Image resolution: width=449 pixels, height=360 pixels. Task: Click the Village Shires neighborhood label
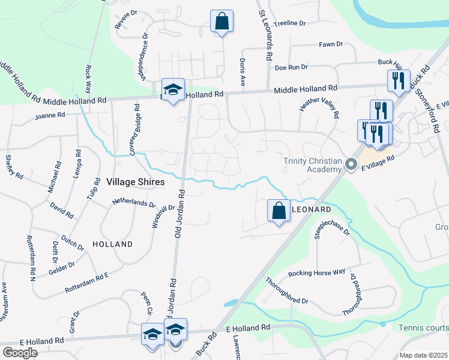(x=135, y=181)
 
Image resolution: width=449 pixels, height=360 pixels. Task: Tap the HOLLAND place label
(x=113, y=244)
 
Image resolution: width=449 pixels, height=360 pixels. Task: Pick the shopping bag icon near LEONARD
(x=279, y=211)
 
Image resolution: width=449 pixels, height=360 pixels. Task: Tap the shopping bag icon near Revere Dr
(x=221, y=21)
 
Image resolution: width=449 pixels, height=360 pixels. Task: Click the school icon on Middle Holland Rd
(x=173, y=90)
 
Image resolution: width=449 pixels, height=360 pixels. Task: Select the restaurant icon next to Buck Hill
(x=399, y=80)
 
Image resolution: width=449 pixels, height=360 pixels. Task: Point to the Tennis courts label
(x=423, y=328)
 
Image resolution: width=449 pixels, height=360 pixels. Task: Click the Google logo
(x=20, y=352)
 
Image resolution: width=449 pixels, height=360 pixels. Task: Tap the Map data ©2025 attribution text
(x=424, y=355)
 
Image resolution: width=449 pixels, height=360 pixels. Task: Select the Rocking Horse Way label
(x=316, y=272)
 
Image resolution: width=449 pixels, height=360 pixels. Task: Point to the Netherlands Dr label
(x=133, y=203)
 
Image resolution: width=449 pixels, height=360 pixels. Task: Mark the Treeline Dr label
(x=289, y=23)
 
